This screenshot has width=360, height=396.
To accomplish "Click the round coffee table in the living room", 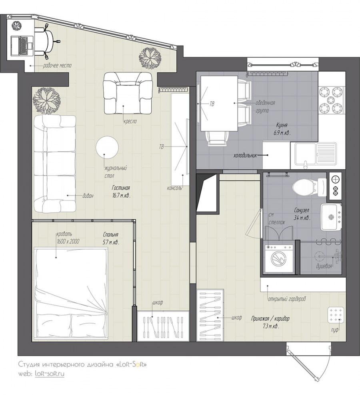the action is (x=107, y=148).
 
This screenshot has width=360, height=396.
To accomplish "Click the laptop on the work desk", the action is (x=22, y=46).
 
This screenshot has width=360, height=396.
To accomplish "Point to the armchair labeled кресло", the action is (x=128, y=94).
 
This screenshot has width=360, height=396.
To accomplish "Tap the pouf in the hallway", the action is (x=336, y=315).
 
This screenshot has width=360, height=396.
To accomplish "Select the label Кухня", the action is (x=282, y=125).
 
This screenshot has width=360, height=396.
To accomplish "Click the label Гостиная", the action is (x=121, y=188).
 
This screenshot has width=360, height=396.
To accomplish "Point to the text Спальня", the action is (x=110, y=235).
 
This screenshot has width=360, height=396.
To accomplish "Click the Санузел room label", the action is (x=301, y=210).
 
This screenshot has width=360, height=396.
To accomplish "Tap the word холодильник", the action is (x=245, y=156).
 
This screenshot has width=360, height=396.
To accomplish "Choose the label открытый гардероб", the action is (x=287, y=299).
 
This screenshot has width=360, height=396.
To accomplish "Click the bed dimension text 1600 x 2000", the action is (x=68, y=241).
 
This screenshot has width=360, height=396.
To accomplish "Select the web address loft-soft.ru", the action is (x=49, y=374).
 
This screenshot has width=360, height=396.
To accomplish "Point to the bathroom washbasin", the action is (x=331, y=217).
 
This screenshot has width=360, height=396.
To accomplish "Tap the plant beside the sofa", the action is (x=47, y=102).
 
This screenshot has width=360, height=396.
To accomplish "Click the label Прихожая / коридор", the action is (x=270, y=319).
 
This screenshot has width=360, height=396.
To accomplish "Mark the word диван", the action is (x=88, y=196).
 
